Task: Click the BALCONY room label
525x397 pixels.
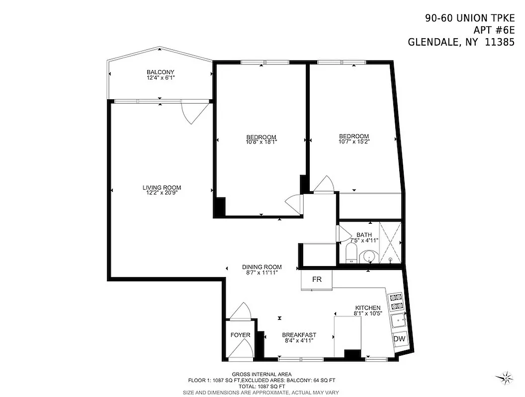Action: click(160, 72)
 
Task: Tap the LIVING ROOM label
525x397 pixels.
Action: click(162, 188)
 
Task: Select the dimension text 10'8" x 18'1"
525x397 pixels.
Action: click(261, 142)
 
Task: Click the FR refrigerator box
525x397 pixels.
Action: click(317, 279)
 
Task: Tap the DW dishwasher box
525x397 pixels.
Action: click(399, 339)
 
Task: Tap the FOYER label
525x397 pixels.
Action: click(240, 335)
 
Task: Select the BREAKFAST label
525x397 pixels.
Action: click(299, 335)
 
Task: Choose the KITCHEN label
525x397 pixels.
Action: click(367, 308)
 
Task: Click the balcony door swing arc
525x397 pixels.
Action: click(193, 114)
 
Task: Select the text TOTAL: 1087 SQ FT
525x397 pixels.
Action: click(262, 386)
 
